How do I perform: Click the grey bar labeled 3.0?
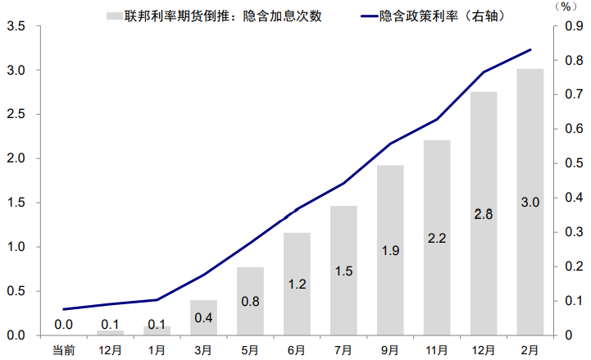(x=530, y=202)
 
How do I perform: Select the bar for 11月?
(x=437, y=238)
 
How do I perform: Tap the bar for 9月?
(x=390, y=250)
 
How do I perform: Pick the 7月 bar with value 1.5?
(x=343, y=270)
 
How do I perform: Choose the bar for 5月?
(x=250, y=301)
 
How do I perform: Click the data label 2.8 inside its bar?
(x=484, y=214)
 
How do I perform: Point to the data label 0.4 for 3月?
(x=203, y=317)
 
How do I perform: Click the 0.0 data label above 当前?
(x=63, y=325)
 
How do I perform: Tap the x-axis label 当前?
(x=63, y=350)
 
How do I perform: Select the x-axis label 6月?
(x=297, y=350)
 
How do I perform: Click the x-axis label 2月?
(x=530, y=350)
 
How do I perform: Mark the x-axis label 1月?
(x=157, y=350)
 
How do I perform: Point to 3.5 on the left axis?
(x=16, y=26)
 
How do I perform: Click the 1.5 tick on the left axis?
(x=16, y=203)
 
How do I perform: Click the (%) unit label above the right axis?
(x=565, y=7)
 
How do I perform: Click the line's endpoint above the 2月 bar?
(x=530, y=50)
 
